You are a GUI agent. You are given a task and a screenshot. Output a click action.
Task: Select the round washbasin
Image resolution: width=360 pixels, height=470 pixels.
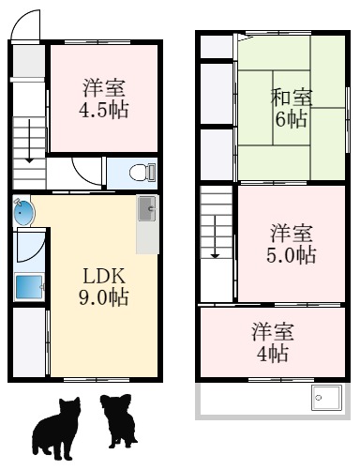pyautogui.click(x=23, y=213)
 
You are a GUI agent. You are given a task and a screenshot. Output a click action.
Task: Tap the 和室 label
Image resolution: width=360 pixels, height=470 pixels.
pyautogui.click(x=292, y=97)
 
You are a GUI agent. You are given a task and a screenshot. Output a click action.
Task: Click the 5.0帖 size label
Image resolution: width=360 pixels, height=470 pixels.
pyautogui.click(x=292, y=254)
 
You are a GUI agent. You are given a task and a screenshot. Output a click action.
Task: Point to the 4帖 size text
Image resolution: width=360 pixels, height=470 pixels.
pyautogui.click(x=273, y=354)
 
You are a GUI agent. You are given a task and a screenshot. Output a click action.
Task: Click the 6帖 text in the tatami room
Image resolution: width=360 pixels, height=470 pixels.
pyautogui.click(x=291, y=119)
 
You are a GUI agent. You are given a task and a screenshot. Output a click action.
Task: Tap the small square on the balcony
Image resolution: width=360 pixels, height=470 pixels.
pyautogui.click(x=324, y=398)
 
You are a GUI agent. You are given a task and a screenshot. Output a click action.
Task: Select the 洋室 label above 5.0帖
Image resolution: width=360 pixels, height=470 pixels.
pyautogui.click(x=292, y=233)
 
